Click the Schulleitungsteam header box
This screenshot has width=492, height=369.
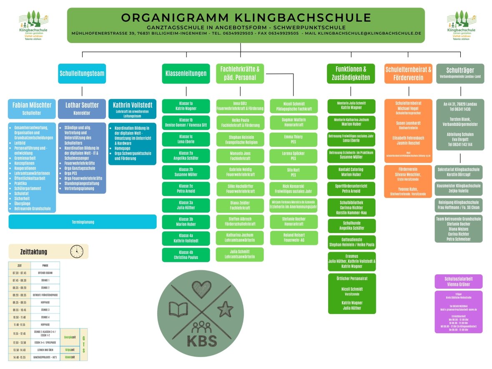click(x=82, y=73)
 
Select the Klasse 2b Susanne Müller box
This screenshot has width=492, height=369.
click(x=186, y=172)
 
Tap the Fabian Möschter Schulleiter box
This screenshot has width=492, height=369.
click(x=32, y=108)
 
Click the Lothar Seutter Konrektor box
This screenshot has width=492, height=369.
click(x=82, y=108)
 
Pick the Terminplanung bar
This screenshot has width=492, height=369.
click(x=83, y=222)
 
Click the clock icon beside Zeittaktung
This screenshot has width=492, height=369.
click(x=77, y=251)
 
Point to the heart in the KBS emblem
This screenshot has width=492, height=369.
click(x=195, y=288)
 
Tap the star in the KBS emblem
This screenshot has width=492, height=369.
click(x=225, y=309)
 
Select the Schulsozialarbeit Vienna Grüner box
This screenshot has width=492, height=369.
click(x=458, y=281)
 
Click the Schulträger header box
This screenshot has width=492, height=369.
click(x=460, y=73)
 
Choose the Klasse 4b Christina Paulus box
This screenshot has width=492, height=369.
click(x=186, y=255)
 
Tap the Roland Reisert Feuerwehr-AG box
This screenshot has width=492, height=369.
click(x=294, y=238)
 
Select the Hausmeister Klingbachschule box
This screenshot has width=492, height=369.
click(x=458, y=188)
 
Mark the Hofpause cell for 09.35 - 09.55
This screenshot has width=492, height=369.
click(x=45, y=302)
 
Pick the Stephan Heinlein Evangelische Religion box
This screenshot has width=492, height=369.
click(x=240, y=140)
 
